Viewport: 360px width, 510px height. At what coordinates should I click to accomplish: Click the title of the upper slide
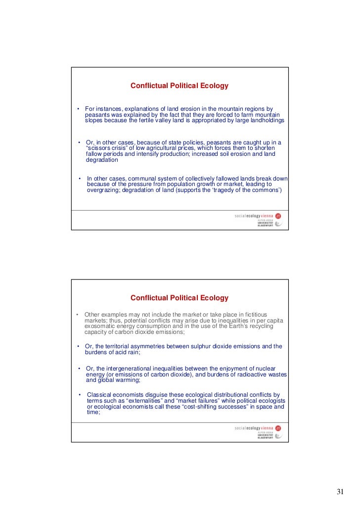tap(179, 86)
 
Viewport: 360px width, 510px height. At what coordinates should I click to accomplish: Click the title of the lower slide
tap(179, 298)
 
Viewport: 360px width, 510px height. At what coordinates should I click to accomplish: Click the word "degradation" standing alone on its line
tap(102, 160)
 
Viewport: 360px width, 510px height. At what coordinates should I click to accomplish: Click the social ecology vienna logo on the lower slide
tap(258, 427)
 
